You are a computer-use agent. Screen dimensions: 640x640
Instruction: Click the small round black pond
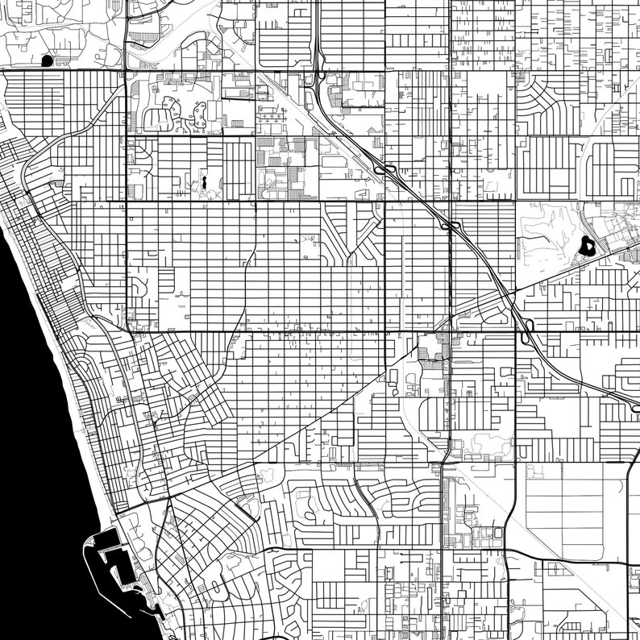coord(46,60)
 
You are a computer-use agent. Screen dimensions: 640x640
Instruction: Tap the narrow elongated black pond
coord(205,183)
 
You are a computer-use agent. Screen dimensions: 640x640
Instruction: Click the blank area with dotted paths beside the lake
coord(548,234)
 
